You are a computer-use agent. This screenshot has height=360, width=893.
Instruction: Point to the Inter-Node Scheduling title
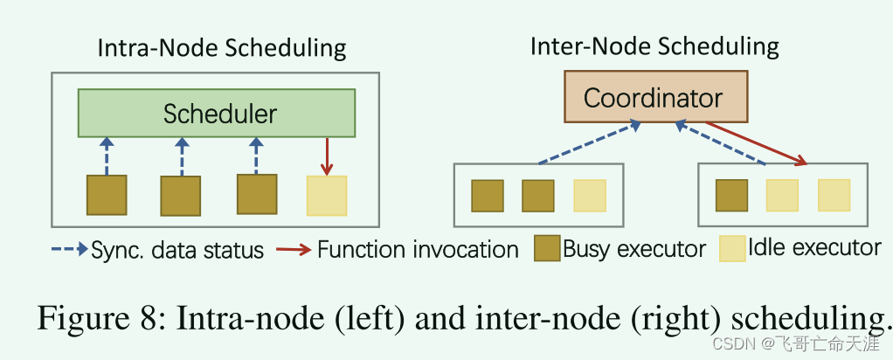(654, 45)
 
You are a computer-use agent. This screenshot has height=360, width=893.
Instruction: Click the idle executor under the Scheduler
(327, 196)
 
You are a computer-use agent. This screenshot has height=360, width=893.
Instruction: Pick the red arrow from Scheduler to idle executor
(327, 156)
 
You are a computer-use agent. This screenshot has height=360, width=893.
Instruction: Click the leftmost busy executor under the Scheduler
(106, 195)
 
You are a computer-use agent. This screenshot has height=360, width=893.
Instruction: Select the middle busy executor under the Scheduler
(181, 195)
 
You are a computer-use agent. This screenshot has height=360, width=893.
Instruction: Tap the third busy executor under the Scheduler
(257, 193)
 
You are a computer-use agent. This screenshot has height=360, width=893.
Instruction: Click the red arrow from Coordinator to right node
(756, 142)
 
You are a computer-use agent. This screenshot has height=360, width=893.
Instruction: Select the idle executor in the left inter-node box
(589, 196)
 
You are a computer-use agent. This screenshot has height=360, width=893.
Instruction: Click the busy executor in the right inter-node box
(731, 195)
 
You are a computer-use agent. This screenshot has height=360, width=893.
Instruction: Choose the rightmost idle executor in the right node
(834, 195)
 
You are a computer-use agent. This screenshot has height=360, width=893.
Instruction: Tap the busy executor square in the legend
(547, 249)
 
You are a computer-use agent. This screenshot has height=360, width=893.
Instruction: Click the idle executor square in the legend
(732, 248)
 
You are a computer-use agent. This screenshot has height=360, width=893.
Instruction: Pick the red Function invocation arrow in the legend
(293, 250)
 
